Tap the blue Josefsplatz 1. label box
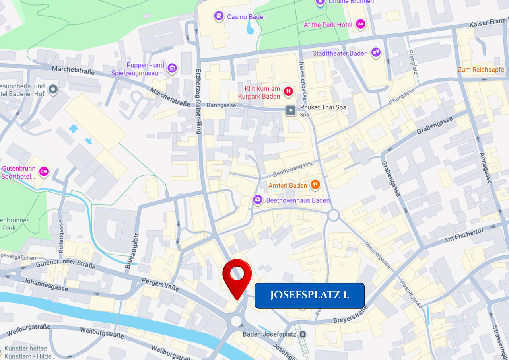pos(309,295)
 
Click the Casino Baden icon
pos(219,16)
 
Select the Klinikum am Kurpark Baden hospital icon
pos(288,92)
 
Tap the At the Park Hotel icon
pos(360,25)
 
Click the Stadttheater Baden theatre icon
pos(375,53)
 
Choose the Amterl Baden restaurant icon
pos(315,184)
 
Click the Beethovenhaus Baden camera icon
pos(258,200)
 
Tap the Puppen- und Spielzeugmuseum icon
pos(172,68)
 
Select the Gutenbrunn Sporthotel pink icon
pos(44,171)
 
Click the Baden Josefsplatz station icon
pos(303,334)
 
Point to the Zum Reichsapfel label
pos(482,70)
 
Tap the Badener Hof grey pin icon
pos(52,90)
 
